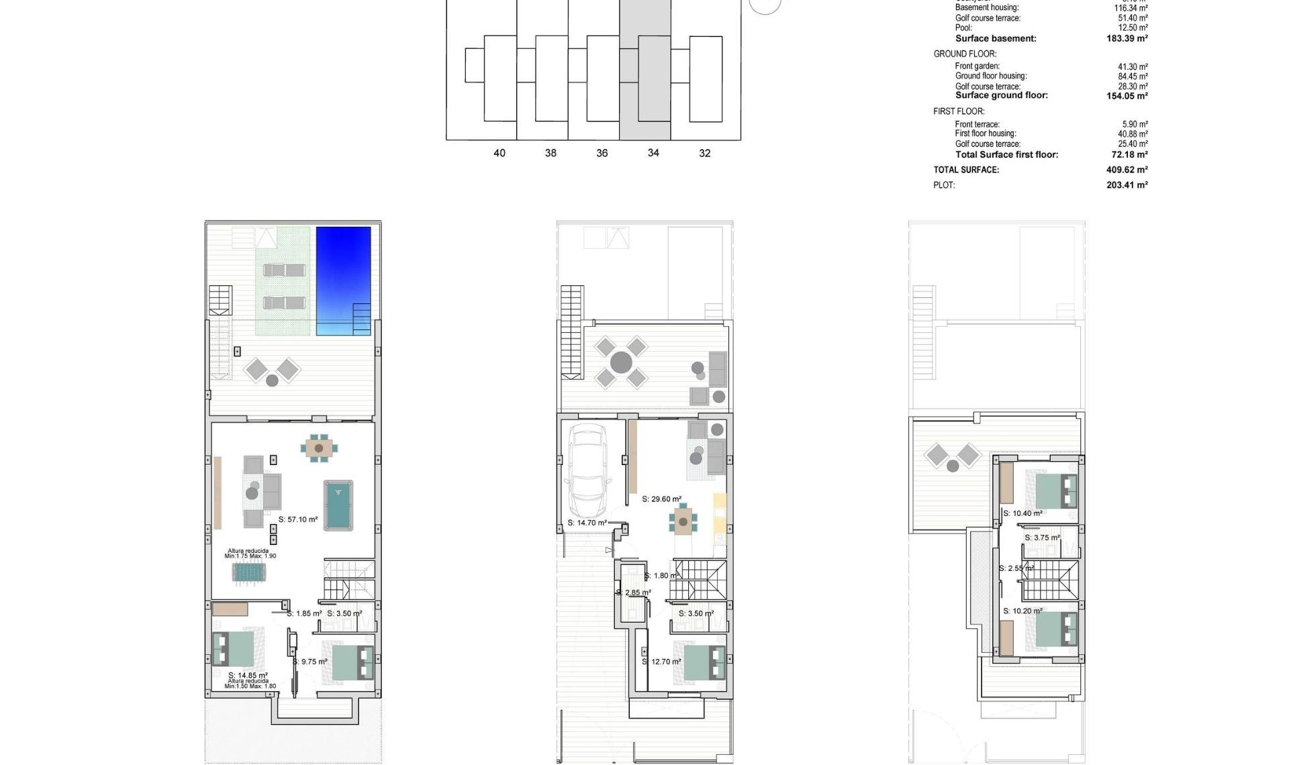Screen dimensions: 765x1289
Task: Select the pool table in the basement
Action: pos(338,505)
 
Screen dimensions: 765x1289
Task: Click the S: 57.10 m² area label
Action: pos(298,519)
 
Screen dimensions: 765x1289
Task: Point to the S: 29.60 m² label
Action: pos(661,499)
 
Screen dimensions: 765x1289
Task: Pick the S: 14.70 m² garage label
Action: pos(587,523)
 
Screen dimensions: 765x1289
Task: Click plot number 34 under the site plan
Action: pos(653,153)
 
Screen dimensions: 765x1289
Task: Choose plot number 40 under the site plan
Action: pos(499,153)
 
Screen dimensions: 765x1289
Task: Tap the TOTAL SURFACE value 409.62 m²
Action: pos(1127,170)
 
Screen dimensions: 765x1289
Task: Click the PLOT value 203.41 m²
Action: pos(1127,185)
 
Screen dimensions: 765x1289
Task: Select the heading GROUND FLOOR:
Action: pos(965,54)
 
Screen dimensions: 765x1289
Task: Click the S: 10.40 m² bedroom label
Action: pos(1022,513)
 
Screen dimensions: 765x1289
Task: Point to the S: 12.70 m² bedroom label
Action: pos(662,662)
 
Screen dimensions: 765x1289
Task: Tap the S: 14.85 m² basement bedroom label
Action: pos(248,676)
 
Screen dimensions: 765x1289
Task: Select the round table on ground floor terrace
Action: pos(621,362)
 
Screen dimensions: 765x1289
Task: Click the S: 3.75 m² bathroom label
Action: pos(1042,538)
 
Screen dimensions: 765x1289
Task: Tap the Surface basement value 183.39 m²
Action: pos(1127,39)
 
